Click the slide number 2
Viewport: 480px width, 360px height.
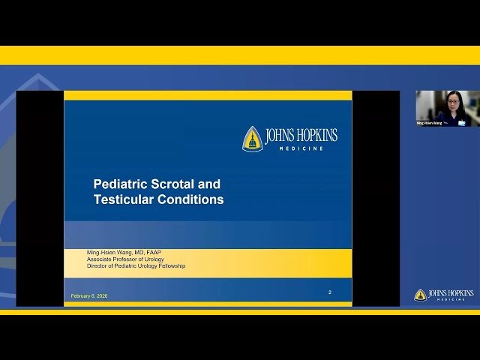330,292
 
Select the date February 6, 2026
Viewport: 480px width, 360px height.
89,296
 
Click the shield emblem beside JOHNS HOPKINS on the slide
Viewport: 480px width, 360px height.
252,138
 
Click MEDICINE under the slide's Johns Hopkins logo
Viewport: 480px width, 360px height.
301,148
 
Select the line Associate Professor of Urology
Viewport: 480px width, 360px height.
126,259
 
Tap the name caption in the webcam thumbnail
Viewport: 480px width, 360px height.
430,122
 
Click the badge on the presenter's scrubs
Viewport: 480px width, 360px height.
461,121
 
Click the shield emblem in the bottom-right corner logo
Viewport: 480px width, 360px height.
420,295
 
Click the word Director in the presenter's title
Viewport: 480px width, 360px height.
99,265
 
